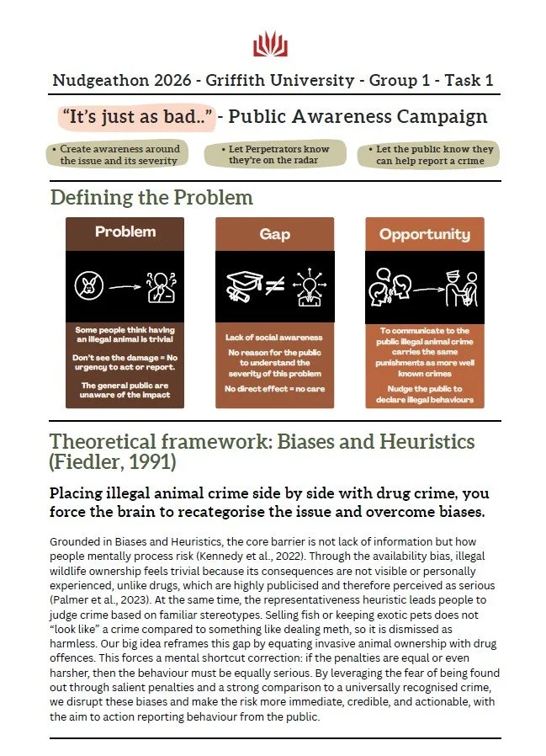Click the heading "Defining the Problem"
151,198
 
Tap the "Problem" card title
125,232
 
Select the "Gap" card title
274,234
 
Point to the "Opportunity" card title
424,234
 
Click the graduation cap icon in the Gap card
242,286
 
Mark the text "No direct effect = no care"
274,388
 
